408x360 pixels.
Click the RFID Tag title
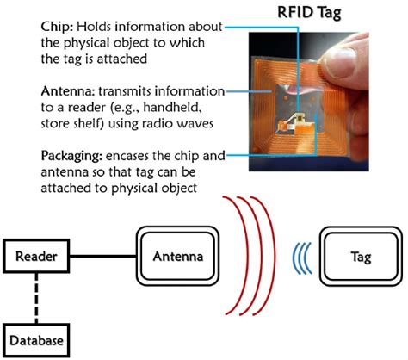tap(309, 13)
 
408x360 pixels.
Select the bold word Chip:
tap(59, 28)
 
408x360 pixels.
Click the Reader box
tap(36, 256)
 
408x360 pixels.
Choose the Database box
tap(36, 340)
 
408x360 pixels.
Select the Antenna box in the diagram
tap(177, 256)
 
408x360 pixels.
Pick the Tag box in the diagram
tap(361, 256)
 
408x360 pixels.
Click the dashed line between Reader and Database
tap(36, 298)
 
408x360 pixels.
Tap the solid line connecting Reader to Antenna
tap(102, 256)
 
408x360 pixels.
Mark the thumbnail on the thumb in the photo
tap(339, 63)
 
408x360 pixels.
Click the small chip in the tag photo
tap(300, 117)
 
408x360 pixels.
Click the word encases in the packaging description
tap(127, 157)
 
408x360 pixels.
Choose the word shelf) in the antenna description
tap(90, 124)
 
